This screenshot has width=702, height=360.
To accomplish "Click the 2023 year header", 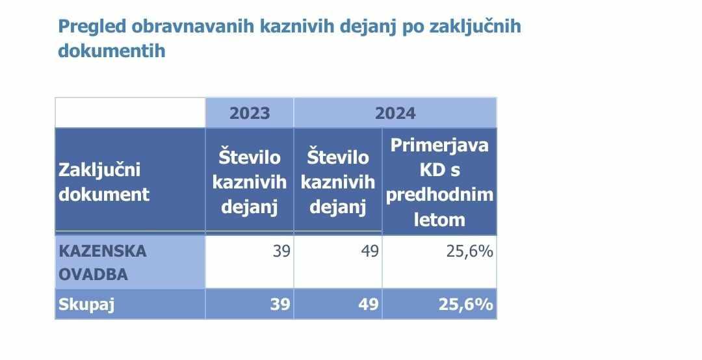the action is pos(250,113).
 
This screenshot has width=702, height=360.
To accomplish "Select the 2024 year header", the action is pos(395,113).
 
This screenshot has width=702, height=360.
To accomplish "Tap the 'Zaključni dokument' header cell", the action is pos(104,182).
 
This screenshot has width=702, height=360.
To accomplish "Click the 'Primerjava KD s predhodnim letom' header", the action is pos(439,182).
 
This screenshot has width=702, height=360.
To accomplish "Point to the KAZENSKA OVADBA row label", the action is pos(103,263).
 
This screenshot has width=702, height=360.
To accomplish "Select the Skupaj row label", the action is pos(86,305).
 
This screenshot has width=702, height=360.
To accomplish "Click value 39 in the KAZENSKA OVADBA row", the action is pos(281,251).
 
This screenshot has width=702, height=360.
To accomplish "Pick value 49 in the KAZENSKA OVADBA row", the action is pos(370,251).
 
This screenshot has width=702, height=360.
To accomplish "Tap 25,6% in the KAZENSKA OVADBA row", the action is pos(470,251).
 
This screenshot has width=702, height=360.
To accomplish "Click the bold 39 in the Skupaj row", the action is pos(280,305).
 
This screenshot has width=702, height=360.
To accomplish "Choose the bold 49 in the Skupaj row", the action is pos(369,305).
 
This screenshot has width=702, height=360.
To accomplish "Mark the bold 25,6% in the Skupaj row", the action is pos(465,305).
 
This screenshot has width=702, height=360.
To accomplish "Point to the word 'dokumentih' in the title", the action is pos(112,51).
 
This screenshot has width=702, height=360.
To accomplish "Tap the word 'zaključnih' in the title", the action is pos(475,27).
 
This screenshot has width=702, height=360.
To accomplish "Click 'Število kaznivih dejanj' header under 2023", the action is pos(250,182).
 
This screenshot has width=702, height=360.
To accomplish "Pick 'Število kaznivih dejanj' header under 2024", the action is pos(338,182).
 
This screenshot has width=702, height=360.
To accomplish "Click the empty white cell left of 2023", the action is pos(130,112).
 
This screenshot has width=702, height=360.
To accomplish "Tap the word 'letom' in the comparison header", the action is pos(439,220).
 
